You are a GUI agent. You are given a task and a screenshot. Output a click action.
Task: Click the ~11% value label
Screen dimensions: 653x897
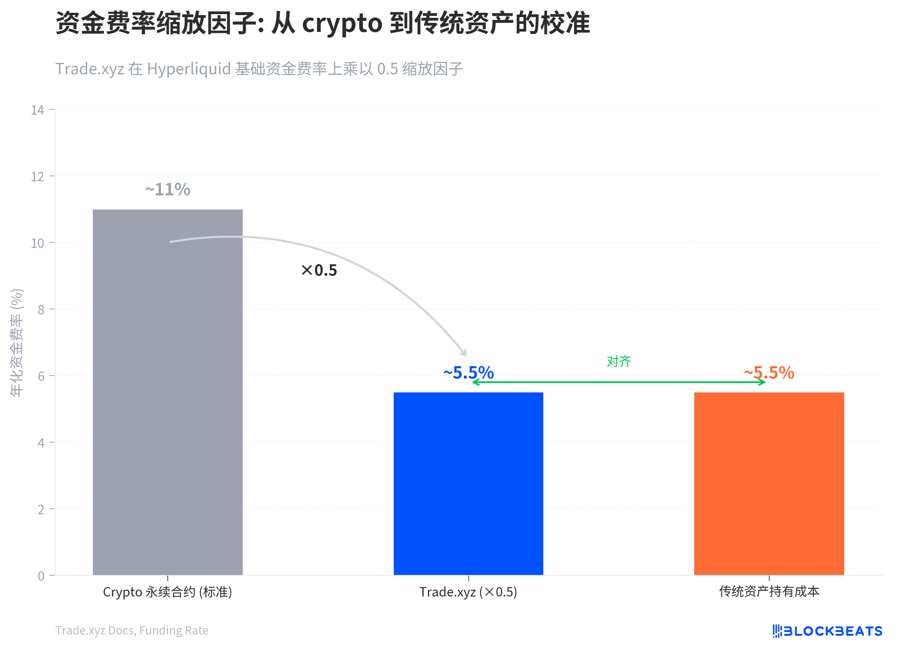[168, 189]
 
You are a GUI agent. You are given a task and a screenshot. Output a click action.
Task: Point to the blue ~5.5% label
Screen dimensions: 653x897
[468, 373]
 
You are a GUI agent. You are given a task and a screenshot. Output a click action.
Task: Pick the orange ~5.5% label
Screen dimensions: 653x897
[769, 373]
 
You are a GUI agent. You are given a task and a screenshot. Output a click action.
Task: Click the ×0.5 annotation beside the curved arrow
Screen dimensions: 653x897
[319, 271]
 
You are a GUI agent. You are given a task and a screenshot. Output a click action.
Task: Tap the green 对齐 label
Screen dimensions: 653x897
[619, 361]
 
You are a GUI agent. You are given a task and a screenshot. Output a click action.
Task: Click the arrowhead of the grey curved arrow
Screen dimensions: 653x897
[464, 353]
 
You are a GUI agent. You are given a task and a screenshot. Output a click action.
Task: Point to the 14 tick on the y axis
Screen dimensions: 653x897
[38, 110]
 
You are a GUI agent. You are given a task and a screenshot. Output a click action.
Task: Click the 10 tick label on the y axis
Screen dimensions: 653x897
[38, 243]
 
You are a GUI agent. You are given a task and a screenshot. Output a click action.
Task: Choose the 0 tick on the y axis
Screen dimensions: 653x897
[41, 576]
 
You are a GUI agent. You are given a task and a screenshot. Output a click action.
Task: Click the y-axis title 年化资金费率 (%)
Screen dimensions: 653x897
[16, 343]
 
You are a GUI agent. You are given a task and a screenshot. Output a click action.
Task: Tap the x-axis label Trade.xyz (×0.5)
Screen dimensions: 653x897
[468, 592]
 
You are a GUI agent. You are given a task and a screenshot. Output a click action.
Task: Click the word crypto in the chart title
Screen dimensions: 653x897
[342, 24]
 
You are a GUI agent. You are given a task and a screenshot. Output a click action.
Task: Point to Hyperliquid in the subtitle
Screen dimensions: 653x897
[189, 69]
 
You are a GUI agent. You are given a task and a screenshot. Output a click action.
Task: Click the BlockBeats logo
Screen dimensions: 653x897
[827, 631]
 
